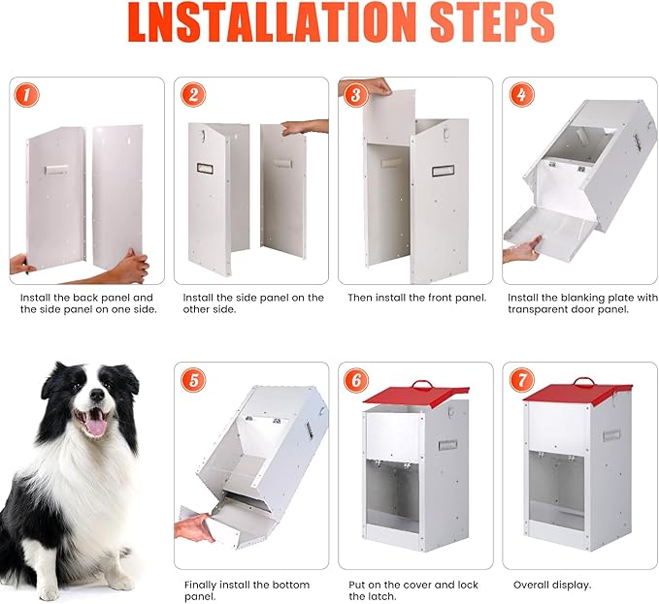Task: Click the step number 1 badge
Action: click(26, 95)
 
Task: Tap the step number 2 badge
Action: click(193, 94)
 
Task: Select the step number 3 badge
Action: click(356, 94)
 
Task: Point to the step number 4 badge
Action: click(522, 94)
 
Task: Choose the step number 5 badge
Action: click(194, 380)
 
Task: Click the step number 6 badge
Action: click(356, 380)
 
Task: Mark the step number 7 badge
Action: click(522, 380)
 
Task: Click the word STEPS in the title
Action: click(492, 22)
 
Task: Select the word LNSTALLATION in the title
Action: click(271, 22)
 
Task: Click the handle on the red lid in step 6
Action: click(423, 385)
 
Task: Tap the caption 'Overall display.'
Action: click(552, 585)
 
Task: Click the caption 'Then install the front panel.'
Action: click(417, 298)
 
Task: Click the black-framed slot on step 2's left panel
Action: click(205, 169)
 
